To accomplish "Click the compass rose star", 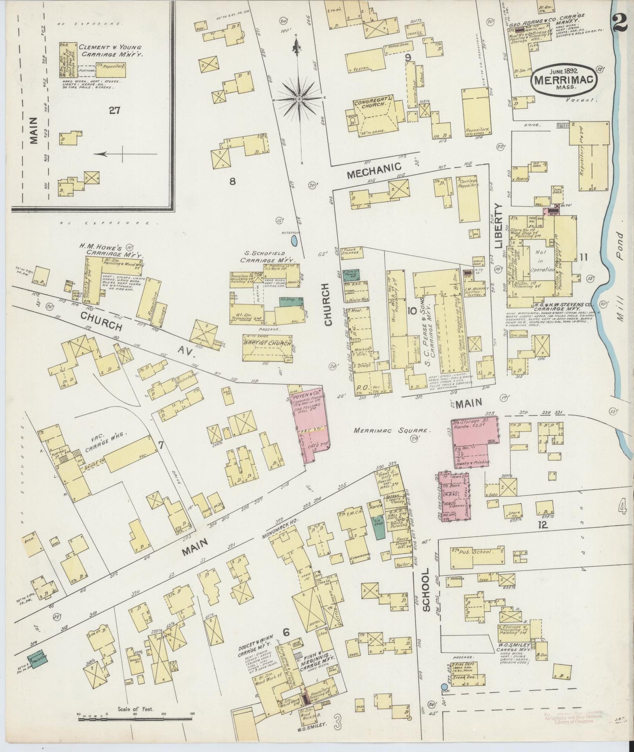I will click(299, 99).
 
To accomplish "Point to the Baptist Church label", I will click(266, 344).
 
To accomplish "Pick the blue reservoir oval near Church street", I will click(294, 240).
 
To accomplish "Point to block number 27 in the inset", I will click(115, 111).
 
